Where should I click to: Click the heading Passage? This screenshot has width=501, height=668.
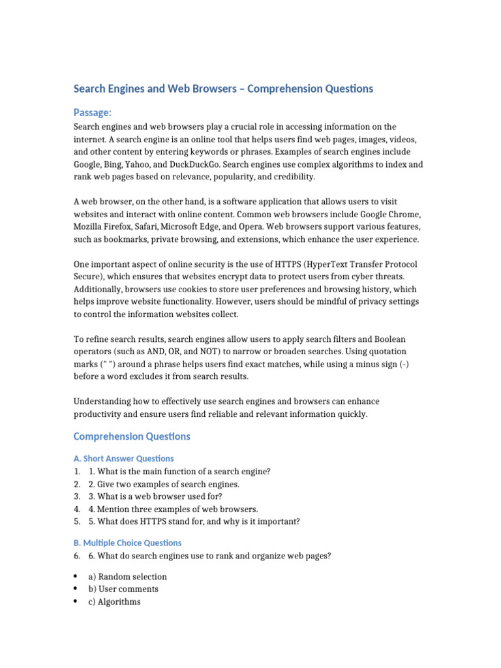pyautogui.click(x=93, y=113)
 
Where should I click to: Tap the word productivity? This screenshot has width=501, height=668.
pyautogui.click(x=99, y=414)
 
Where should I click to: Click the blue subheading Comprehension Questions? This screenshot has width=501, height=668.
pyautogui.click(x=132, y=436)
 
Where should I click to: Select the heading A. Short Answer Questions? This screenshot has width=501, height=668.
pyautogui.click(x=123, y=459)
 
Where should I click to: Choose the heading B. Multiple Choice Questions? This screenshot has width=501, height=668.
pyautogui.click(x=127, y=543)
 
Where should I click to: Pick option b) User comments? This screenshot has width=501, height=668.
pyautogui.click(x=123, y=589)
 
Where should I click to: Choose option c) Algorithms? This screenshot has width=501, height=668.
pyautogui.click(x=114, y=601)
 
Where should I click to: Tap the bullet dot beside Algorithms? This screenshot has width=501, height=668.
pyautogui.click(x=76, y=601)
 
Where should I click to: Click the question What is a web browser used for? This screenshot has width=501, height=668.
pyautogui.click(x=155, y=496)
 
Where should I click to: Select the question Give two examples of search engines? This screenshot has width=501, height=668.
pyautogui.click(x=164, y=484)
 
